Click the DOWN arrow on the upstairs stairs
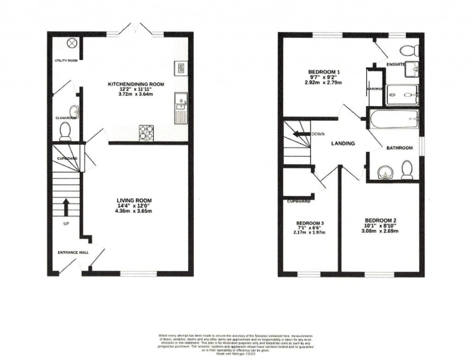(x=302, y=135)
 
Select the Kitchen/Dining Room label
(x=135, y=84)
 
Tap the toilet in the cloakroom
(x=65, y=131)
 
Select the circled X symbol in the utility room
(x=72, y=43)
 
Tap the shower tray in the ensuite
(x=402, y=95)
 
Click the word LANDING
(x=343, y=143)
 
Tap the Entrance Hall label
(x=73, y=253)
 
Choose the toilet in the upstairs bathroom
(x=407, y=170)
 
